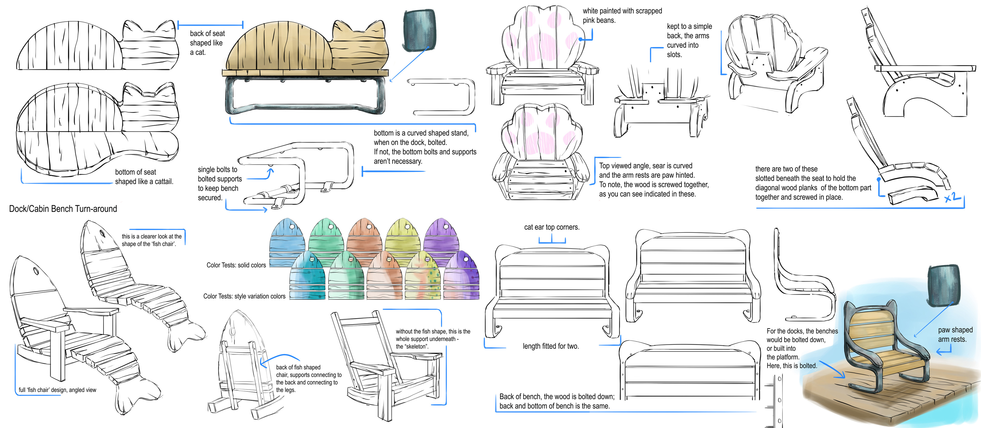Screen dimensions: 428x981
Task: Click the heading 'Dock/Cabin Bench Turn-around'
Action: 63,209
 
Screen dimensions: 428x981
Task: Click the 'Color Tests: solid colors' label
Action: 236,265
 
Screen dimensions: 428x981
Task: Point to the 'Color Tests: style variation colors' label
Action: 244,296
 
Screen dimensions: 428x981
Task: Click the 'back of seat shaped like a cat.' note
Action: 207,43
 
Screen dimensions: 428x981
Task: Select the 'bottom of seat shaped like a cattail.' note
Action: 144,177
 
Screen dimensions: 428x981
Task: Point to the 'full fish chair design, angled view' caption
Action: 57,390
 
